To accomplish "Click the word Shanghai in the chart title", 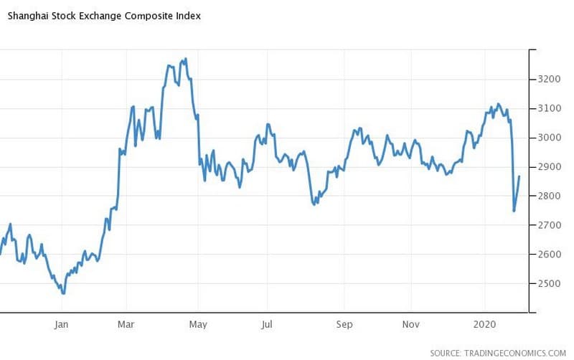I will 28,16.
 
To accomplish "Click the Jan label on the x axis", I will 62,323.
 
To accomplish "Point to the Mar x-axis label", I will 126,323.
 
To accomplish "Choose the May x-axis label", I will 197,323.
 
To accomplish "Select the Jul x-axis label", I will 268,323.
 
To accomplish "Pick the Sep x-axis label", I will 344,323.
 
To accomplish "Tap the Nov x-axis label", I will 410,323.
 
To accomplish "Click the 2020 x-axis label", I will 486,323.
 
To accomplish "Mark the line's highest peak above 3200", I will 186,60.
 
